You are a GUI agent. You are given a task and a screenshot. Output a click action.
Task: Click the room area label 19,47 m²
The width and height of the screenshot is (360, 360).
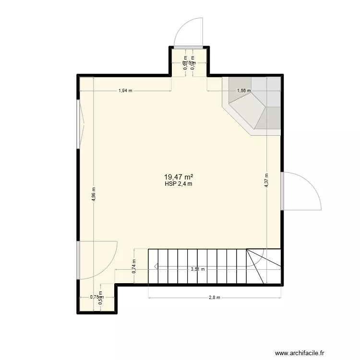[x=181, y=177]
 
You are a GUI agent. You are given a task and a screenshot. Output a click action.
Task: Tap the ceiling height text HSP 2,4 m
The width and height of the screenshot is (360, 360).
[x=181, y=183]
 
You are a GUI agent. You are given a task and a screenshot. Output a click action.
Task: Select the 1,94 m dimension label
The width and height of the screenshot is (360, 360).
[x=125, y=90]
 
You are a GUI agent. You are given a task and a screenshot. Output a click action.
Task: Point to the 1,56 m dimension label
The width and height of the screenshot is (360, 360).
[x=244, y=90]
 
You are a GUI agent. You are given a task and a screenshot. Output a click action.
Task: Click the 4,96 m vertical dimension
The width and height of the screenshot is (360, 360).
[x=94, y=195]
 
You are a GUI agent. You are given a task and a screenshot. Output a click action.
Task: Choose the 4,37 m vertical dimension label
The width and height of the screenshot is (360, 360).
[x=266, y=182]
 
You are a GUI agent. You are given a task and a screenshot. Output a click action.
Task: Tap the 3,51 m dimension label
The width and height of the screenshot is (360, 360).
[x=197, y=269]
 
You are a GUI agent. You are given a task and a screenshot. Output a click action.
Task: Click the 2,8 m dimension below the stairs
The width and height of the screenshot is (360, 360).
[x=214, y=298]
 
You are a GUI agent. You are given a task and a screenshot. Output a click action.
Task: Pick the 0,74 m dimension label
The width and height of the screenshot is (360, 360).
[x=134, y=266]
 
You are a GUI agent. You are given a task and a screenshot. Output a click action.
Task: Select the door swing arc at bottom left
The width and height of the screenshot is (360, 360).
[x=98, y=259]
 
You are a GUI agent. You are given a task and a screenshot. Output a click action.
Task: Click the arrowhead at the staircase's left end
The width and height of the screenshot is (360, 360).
[x=156, y=266]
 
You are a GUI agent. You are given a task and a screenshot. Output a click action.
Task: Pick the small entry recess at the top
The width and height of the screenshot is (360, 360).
[x=188, y=61]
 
